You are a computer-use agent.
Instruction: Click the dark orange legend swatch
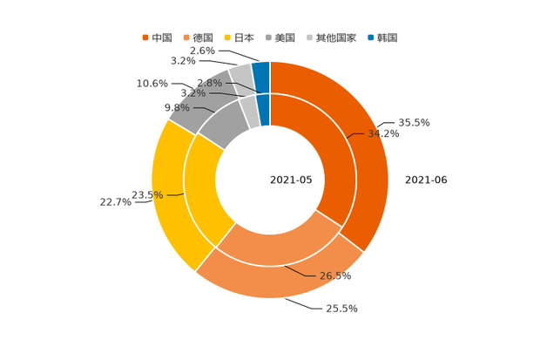(x=145, y=37)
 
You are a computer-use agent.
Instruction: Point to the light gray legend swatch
(x=311, y=37)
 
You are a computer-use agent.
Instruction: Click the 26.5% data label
(x=336, y=276)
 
